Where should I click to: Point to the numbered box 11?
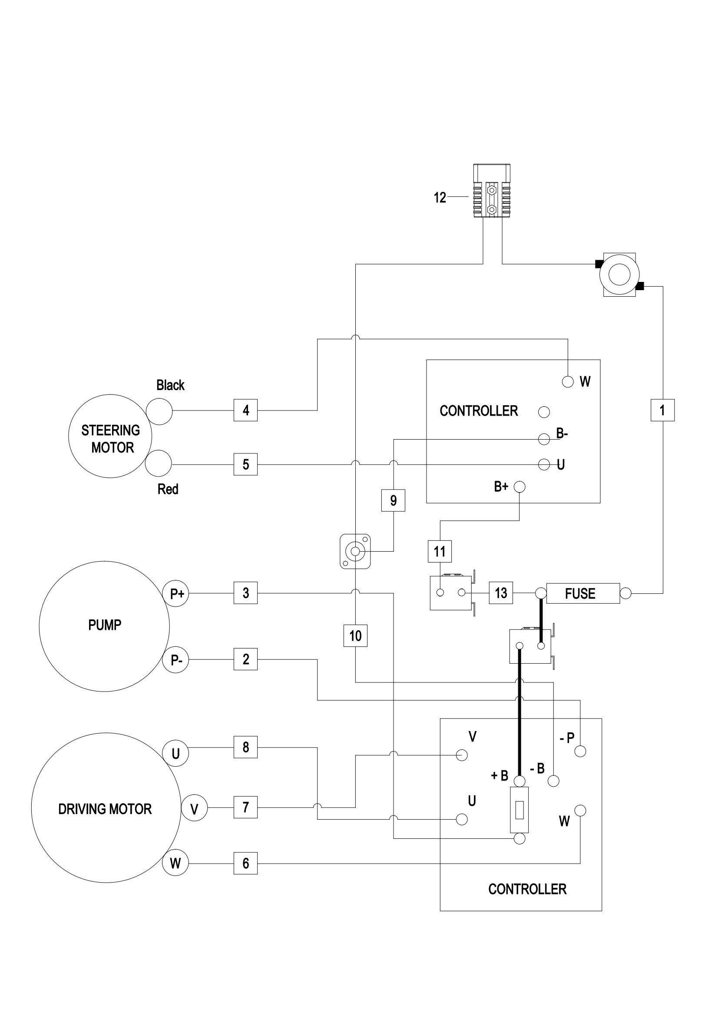[x=440, y=551]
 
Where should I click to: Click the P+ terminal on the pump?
[x=176, y=593]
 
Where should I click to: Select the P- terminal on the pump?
[x=176, y=660]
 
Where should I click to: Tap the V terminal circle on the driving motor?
[x=194, y=809]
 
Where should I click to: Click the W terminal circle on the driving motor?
[x=175, y=863]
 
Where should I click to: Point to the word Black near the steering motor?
[x=170, y=385]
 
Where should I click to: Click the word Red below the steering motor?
[x=168, y=489]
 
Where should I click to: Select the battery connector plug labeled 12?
[x=492, y=192]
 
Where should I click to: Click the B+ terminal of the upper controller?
[x=519, y=487]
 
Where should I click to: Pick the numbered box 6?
[x=245, y=863]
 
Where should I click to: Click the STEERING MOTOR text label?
[x=111, y=439]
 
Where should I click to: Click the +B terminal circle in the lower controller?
[x=520, y=781]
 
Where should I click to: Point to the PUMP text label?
[x=105, y=625]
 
